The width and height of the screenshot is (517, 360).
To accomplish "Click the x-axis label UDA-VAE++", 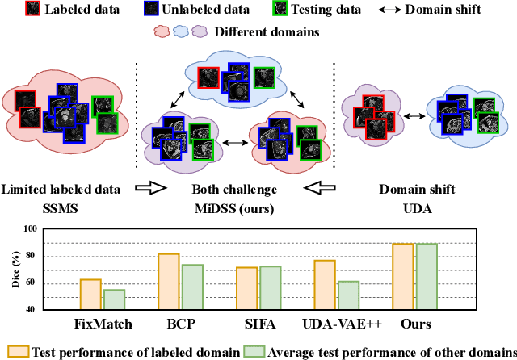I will coord(338,324).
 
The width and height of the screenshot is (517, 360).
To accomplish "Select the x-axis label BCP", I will coord(179,324).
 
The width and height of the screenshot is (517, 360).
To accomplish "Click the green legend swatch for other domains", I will coord(256,351).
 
